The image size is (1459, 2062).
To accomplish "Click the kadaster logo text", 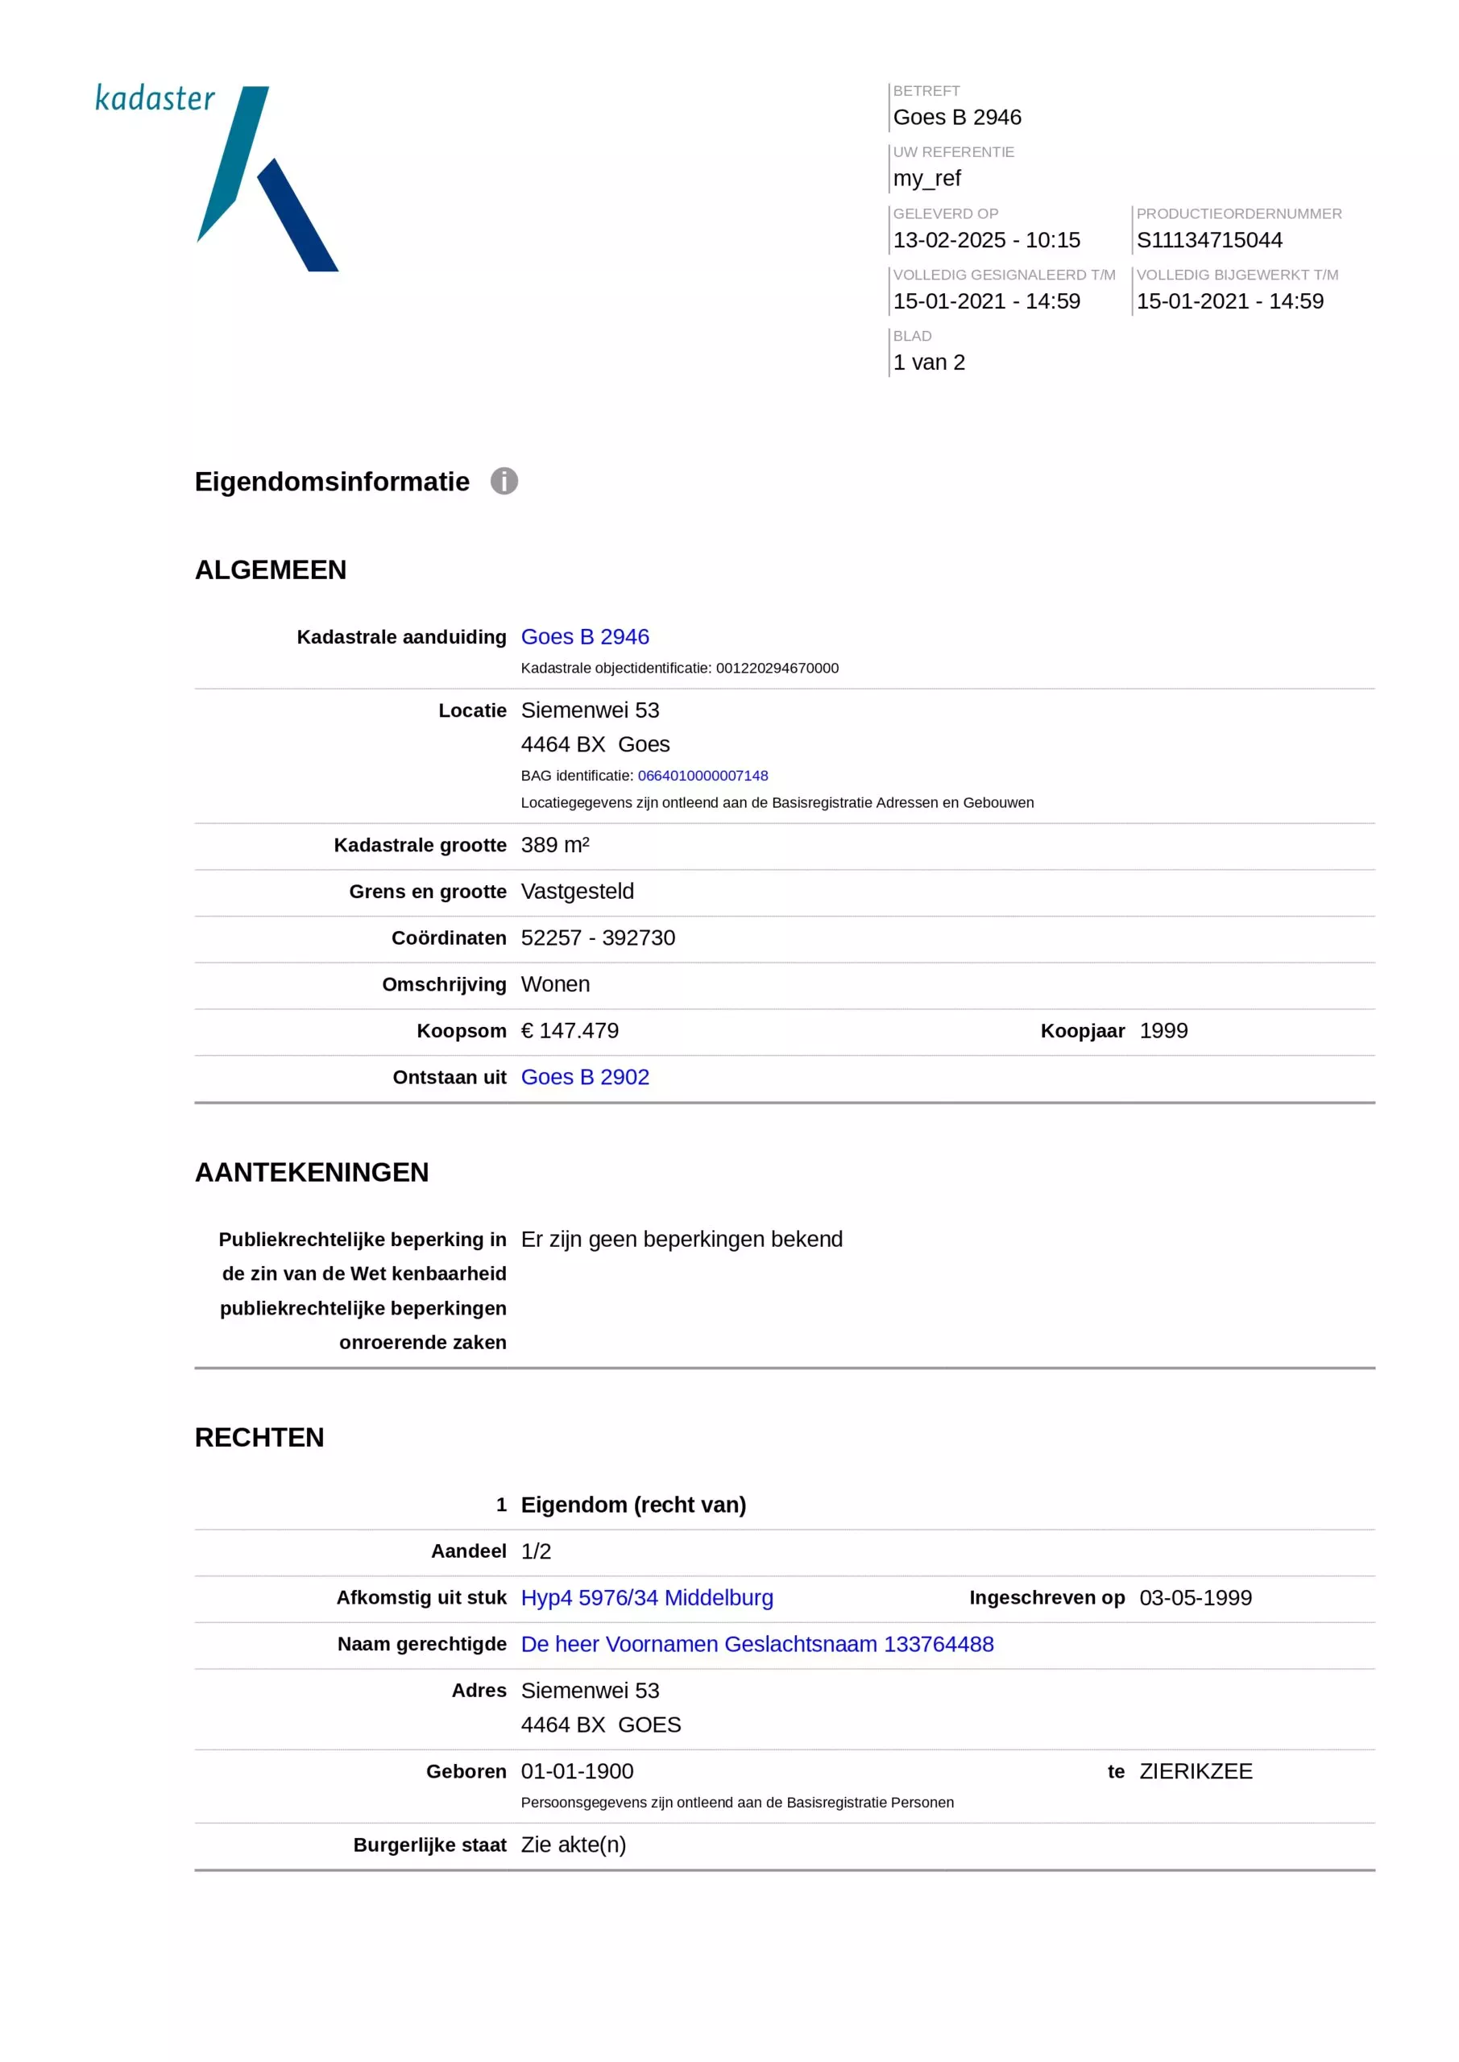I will point(155,98).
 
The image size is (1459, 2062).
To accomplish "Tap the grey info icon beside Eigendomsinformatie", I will point(504,482).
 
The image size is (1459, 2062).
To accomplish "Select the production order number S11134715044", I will point(1208,240).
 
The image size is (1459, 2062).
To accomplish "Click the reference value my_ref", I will point(926,179).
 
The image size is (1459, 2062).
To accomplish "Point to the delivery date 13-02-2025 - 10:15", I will point(985,240).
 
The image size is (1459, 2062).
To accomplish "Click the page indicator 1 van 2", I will point(928,362).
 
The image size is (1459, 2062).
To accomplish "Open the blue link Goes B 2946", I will point(584,637).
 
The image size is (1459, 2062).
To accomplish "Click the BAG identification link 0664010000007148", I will point(703,775).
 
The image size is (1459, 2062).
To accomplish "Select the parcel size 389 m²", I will point(554,845).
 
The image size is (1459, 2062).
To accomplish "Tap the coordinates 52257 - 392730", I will point(598,938).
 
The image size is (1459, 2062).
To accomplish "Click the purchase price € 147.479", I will point(570,1030).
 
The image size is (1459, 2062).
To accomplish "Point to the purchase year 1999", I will point(1163,1030).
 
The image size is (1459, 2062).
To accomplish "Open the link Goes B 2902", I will point(584,1077).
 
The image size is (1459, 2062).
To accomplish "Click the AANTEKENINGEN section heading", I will point(312,1172).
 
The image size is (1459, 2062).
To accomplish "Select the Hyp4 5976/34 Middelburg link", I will point(647,1598).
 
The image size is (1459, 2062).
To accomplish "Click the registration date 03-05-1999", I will point(1195,1598).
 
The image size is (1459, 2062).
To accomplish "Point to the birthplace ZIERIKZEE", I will point(1195,1771).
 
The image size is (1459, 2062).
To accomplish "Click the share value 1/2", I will point(536,1551).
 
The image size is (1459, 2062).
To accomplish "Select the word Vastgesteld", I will point(577,891).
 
